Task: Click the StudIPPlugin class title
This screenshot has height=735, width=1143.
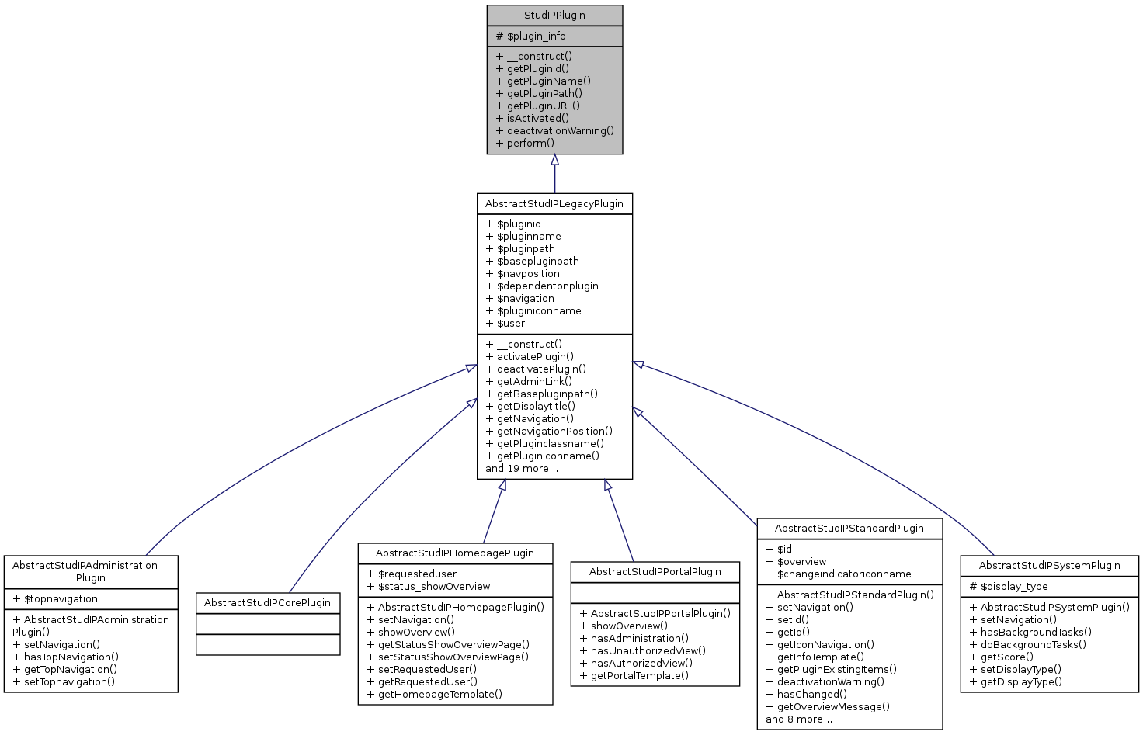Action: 554,16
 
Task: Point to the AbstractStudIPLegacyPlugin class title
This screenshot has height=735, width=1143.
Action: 554,204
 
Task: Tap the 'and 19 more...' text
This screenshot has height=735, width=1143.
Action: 522,469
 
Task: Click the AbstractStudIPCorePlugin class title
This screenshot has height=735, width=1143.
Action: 268,603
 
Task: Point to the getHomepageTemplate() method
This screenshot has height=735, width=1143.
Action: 439,695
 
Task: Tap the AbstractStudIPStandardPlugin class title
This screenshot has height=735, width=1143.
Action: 849,529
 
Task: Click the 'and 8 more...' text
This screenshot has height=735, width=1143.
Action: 799,719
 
